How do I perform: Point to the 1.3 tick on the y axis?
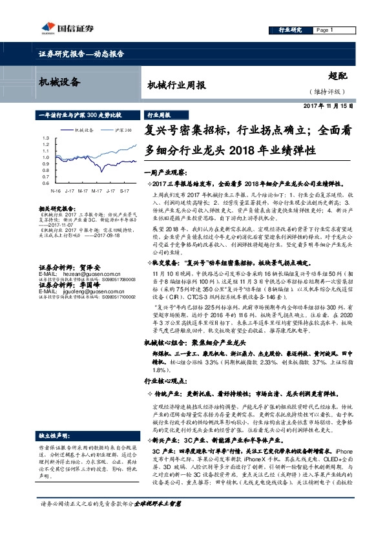tap(45, 139)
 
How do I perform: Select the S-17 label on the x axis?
tap(123, 192)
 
